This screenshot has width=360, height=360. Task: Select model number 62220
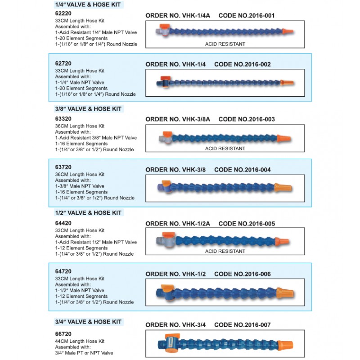[62, 13]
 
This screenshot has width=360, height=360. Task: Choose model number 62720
[62, 63]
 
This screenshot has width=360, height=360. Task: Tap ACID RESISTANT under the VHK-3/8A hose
[225, 148]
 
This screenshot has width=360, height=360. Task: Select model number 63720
[62, 167]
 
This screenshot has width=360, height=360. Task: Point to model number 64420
[62, 223]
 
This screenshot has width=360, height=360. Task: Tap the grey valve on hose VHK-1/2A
[162, 241]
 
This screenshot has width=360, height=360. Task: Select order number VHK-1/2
[176, 274]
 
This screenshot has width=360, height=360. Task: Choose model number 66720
[62, 335]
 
